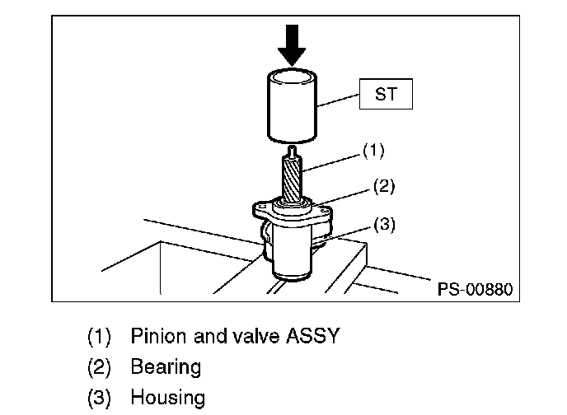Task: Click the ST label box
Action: point(386,95)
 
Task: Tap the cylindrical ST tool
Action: point(293,107)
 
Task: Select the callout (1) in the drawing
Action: point(373,152)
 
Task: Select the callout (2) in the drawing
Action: point(382,187)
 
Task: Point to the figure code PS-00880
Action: point(473,289)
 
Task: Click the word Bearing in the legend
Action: point(166,367)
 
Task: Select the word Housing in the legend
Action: point(167,399)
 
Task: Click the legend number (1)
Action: point(100,337)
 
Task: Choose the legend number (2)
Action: point(100,367)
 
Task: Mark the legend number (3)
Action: point(100,399)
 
